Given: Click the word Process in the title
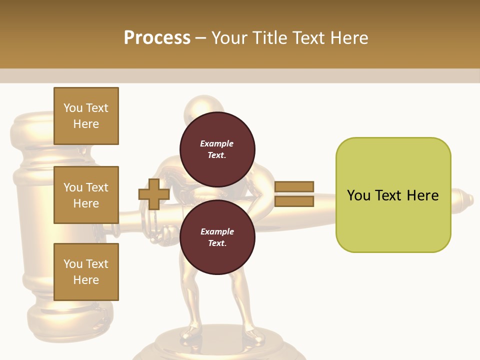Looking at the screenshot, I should coord(157,37).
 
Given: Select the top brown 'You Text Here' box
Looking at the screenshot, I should coord(86,116).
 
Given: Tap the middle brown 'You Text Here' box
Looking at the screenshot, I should coord(86,195).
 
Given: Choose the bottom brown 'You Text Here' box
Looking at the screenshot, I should coord(86,271).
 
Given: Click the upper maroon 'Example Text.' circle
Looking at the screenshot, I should coord(217,149).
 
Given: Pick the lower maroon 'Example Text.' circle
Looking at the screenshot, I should coord(217,237).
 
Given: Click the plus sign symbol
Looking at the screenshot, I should coord(154,194).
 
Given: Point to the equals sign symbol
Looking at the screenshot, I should coord(294,194).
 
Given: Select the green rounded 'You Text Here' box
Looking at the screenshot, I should coord(393,195).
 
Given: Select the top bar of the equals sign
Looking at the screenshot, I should coord(294,186).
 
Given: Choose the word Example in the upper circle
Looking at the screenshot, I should coord(217,143).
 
